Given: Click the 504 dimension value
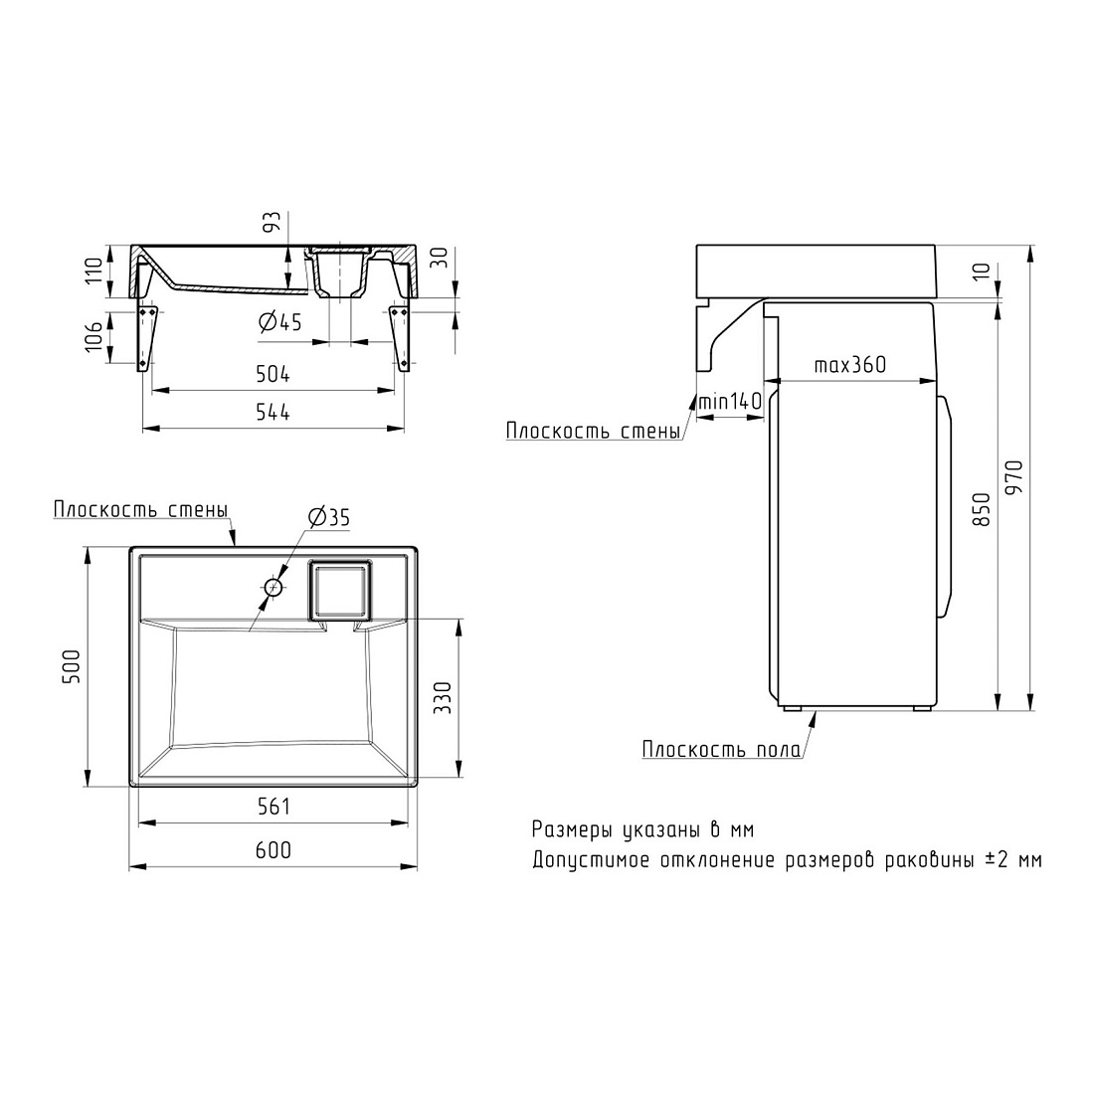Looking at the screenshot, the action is [273, 375].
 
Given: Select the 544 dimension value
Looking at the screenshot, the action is [273, 413].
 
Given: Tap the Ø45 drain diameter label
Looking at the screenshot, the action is [279, 321].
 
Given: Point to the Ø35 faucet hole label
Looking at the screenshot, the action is [328, 517].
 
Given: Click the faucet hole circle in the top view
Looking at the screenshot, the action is [273, 588].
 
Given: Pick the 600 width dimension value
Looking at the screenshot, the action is [273, 849].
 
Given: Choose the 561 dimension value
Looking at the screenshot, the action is [273, 807].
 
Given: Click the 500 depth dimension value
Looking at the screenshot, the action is [72, 667].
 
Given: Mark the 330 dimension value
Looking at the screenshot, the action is [443, 698].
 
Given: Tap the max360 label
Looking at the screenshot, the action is [849, 364].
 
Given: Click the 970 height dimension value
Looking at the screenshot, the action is [1014, 476].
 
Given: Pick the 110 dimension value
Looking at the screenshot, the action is [94, 270].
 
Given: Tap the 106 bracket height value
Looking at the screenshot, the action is [94, 335].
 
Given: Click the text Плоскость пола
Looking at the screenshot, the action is [721, 750].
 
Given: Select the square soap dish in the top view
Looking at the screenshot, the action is [340, 590].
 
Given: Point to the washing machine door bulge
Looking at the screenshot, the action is [944, 506].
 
